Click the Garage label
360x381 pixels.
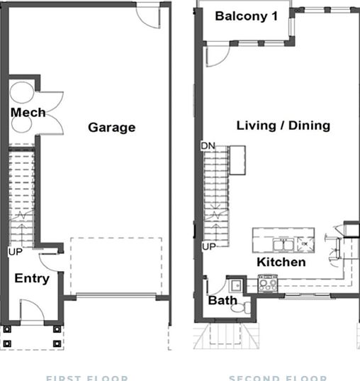[x=111, y=128]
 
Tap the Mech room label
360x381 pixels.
[x=28, y=113]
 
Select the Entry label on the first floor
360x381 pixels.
[x=32, y=278]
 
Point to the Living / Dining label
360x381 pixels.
[x=283, y=126]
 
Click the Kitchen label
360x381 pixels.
[x=281, y=263]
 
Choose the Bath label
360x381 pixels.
[x=222, y=301]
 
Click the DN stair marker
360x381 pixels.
[x=208, y=146]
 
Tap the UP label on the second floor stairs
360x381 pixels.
[x=209, y=246]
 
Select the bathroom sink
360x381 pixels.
[x=235, y=286]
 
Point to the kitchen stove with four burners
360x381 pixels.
[x=269, y=284]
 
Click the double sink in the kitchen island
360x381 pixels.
[x=286, y=245]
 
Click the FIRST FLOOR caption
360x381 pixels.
[x=87, y=377]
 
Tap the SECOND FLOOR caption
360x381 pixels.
[x=278, y=377]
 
